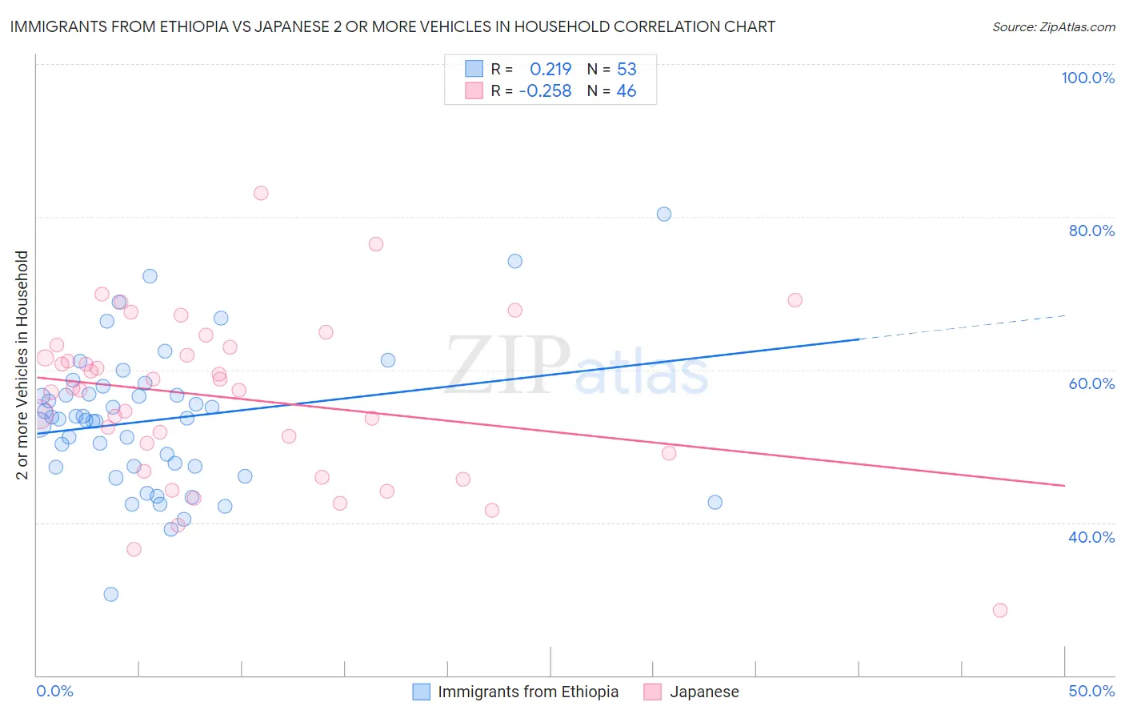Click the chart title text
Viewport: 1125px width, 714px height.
pyautogui.click(x=392, y=26)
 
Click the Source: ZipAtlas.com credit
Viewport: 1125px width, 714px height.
pyautogui.click(x=1053, y=26)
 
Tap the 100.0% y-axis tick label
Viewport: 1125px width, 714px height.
pyautogui.click(x=1087, y=78)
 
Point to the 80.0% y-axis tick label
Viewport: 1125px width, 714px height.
pyautogui.click(x=1091, y=231)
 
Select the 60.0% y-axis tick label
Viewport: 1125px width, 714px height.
pyautogui.click(x=1091, y=383)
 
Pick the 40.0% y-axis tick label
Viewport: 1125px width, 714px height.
pyautogui.click(x=1091, y=536)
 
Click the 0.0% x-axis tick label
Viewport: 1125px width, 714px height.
pyautogui.click(x=54, y=691)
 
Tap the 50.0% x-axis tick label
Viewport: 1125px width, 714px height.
pyautogui.click(x=1091, y=691)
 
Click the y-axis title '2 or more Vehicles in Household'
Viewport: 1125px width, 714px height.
pyautogui.click(x=22, y=365)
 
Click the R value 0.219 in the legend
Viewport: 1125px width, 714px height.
pyautogui.click(x=550, y=69)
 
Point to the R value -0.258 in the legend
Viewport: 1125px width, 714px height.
pyautogui.click(x=545, y=90)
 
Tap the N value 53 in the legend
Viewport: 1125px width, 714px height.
pyautogui.click(x=627, y=69)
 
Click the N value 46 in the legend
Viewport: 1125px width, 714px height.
pyautogui.click(x=627, y=90)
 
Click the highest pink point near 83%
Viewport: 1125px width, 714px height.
pyautogui.click(x=261, y=193)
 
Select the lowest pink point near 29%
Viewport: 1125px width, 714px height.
pyautogui.click(x=999, y=610)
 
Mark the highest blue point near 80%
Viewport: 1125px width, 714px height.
pyautogui.click(x=664, y=214)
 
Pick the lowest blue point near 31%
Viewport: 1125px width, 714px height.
pyautogui.click(x=111, y=594)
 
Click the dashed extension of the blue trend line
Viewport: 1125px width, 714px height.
pyautogui.click(x=960, y=327)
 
